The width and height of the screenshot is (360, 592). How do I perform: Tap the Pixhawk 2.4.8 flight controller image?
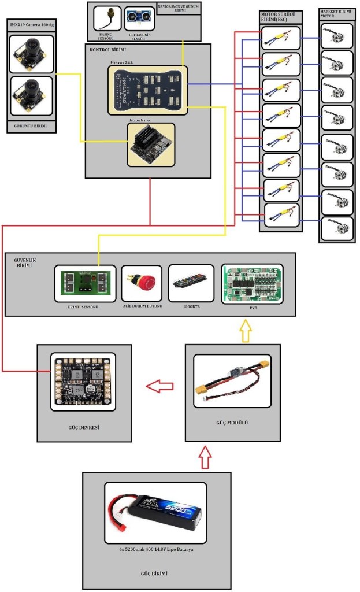(147, 90)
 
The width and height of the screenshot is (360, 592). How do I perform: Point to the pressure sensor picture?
(107, 18)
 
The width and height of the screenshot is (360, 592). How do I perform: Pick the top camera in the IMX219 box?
(31, 54)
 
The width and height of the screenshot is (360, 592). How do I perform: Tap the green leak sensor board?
(85, 284)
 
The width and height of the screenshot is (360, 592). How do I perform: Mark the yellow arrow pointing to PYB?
(246, 332)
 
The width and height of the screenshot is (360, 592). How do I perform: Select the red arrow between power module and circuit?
(159, 384)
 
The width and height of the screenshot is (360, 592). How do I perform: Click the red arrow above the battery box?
(207, 457)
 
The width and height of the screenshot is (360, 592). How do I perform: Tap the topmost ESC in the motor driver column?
(280, 39)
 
